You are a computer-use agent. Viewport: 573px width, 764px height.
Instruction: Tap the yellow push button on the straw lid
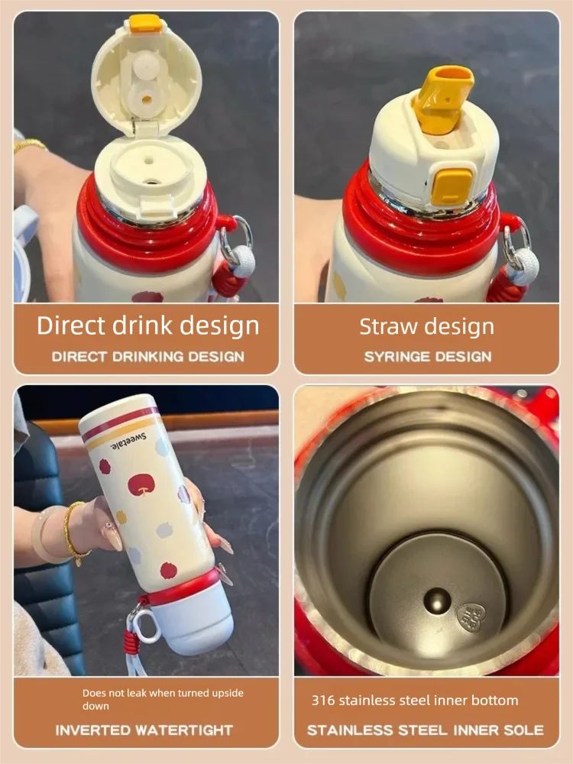coord(452,186)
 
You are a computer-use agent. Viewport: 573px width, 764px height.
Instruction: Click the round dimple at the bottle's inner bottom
coord(436,601)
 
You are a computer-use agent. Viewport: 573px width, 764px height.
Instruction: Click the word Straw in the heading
coord(384,326)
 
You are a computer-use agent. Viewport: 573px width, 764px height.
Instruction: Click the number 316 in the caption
coord(323,700)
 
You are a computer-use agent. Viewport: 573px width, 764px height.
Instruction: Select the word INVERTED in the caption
coord(92,730)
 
